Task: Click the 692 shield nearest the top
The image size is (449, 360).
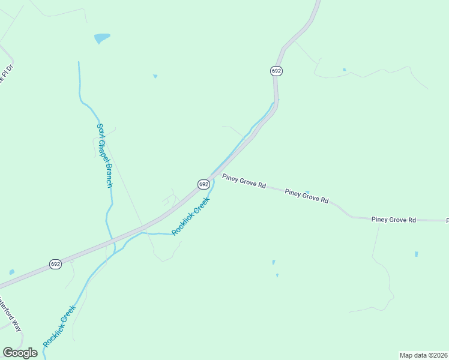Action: click(276, 71)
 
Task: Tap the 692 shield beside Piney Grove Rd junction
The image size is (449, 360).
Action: click(203, 184)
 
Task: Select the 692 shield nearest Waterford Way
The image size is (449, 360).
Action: click(55, 264)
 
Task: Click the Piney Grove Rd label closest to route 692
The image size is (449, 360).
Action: click(244, 181)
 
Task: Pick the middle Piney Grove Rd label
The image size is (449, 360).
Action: click(307, 196)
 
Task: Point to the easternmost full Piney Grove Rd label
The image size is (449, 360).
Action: click(393, 220)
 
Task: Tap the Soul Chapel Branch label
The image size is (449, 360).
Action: click(104, 155)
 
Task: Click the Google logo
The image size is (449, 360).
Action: click(20, 353)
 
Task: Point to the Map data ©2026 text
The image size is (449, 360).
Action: click(423, 355)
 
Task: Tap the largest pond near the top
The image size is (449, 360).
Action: click(102, 38)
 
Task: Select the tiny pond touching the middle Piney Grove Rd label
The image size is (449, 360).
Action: click(307, 192)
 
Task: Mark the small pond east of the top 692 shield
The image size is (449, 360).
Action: click(344, 70)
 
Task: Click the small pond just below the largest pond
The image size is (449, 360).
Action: click(155, 76)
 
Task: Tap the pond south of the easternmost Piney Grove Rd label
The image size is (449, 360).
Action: click(416, 254)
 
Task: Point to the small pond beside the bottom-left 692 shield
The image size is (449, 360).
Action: click(11, 271)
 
